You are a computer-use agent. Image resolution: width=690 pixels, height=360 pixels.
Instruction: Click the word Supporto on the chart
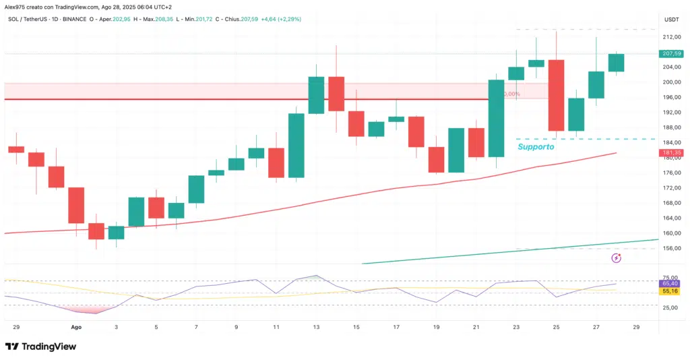[536, 146]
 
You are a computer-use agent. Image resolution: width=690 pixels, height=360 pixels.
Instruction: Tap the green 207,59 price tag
[672, 53]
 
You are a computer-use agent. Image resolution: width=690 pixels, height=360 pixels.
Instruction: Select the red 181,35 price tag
[672, 153]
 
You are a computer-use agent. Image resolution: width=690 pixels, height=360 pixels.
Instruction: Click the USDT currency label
[672, 19]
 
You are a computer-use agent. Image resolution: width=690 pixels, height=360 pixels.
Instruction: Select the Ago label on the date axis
[76, 326]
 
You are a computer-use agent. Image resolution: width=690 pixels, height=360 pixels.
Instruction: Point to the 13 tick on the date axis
[317, 326]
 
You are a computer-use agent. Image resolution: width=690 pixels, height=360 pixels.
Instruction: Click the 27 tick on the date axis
[596, 326]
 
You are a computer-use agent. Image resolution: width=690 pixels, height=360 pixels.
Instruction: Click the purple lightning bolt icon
[616, 258]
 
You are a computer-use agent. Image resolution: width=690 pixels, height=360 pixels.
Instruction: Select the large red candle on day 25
[556, 95]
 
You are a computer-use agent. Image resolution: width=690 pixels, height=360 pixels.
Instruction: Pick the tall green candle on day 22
[497, 118]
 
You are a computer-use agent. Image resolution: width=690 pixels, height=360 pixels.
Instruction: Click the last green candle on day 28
[616, 63]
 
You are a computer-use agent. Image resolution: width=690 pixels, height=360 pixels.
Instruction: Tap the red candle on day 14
[337, 94]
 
